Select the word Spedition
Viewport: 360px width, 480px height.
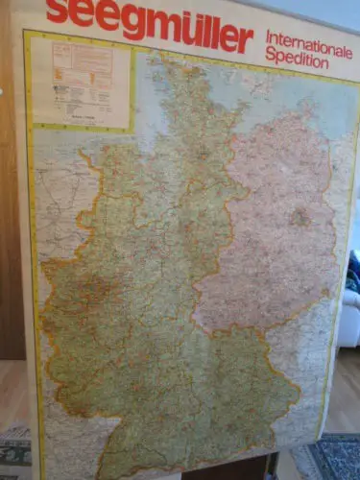(x=297, y=61)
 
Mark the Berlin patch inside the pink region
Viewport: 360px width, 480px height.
(x=300, y=217)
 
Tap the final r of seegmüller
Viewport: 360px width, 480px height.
(x=246, y=41)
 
